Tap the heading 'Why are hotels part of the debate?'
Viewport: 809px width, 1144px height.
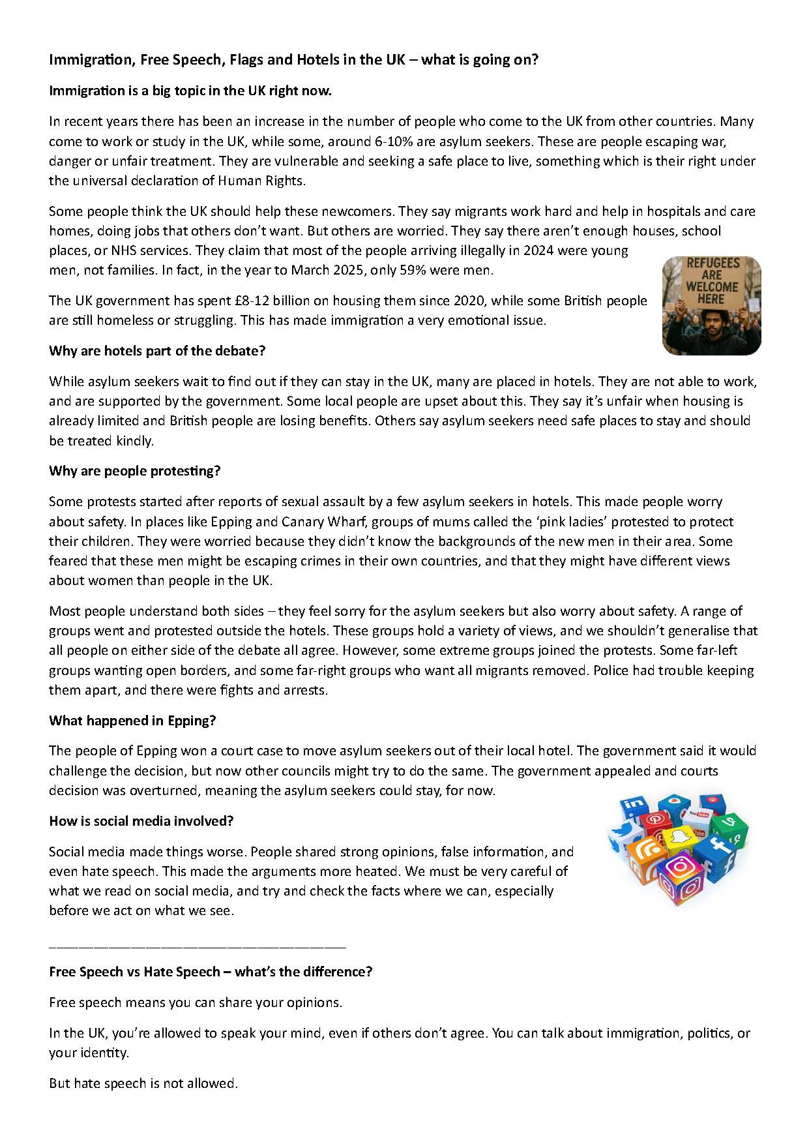[157, 351]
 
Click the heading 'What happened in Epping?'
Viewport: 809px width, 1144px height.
[132, 721]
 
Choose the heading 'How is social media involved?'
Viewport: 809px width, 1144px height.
[141, 821]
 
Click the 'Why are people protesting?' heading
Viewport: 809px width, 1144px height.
[135, 471]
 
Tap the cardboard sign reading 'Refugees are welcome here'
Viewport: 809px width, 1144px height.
[712, 281]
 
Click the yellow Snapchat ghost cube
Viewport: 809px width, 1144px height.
[679, 838]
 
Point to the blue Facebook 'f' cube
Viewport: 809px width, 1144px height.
[717, 850]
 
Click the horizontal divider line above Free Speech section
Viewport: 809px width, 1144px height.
[198, 946]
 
